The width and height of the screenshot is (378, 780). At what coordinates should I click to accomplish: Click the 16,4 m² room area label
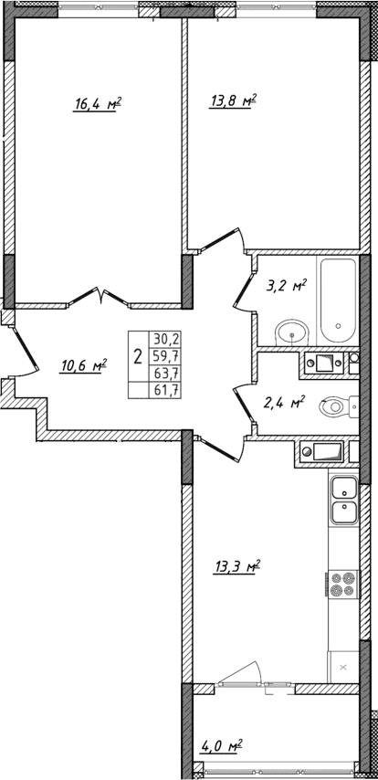[98, 105]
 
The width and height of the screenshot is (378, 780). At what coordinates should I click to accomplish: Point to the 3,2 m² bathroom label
[284, 285]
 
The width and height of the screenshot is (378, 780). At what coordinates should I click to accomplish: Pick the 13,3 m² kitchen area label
[237, 566]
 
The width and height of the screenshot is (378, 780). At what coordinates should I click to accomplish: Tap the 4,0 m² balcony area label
[222, 746]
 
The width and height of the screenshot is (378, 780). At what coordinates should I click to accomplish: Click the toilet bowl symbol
[338, 405]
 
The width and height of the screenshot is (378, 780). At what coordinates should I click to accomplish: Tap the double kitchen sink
[344, 501]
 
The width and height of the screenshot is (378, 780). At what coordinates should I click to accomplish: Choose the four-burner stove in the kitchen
[342, 582]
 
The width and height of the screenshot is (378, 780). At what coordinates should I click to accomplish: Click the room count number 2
[137, 355]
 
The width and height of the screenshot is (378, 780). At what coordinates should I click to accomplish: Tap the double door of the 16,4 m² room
[100, 296]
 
